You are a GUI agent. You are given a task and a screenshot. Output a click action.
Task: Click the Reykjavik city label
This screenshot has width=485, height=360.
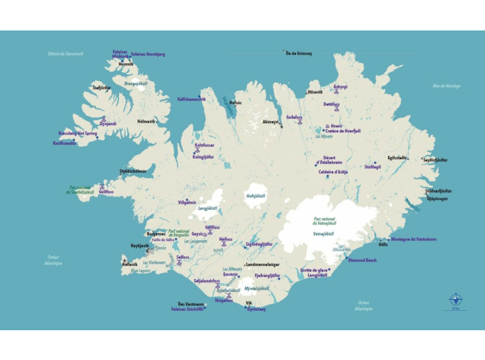point(140,246)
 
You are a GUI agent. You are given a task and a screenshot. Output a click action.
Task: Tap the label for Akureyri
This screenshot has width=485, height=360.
point(270,122)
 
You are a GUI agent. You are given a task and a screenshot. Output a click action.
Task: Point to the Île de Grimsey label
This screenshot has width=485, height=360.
point(299,53)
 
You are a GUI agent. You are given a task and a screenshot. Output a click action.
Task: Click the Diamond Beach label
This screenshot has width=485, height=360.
point(362,260)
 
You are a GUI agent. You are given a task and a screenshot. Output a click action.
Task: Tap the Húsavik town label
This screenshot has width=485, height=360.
point(315,91)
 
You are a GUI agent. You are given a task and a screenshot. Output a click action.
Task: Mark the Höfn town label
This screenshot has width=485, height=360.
point(383,244)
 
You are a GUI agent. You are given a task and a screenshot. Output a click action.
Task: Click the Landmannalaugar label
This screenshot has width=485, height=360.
point(263,264)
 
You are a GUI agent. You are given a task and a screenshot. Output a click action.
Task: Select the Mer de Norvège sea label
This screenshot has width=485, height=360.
point(446,86)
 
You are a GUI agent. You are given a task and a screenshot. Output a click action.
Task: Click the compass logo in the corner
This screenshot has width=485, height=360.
point(455,300)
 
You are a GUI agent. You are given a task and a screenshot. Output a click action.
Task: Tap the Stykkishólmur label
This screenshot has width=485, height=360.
point(133,170)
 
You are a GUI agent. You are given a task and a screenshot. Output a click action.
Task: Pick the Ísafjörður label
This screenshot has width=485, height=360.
point(102,88)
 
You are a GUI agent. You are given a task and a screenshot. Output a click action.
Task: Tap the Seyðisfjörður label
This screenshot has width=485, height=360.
point(435,159)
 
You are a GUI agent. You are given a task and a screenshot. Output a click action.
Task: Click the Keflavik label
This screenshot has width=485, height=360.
point(130,264)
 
